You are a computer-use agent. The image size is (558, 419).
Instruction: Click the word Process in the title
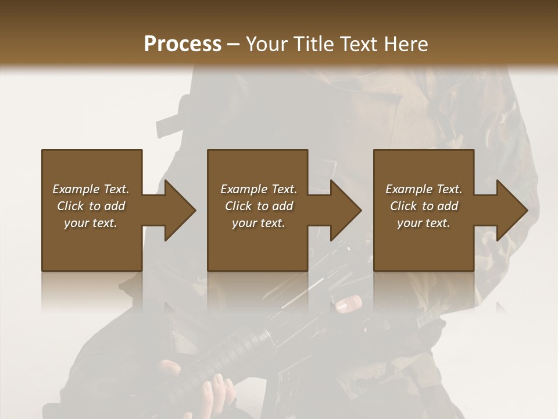pos(183,44)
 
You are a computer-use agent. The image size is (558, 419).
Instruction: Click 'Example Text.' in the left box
pos(91,189)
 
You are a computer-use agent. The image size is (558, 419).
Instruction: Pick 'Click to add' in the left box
pos(91,206)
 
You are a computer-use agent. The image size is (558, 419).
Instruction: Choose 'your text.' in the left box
pos(91,223)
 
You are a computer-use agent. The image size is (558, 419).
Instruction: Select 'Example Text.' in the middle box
pos(258,189)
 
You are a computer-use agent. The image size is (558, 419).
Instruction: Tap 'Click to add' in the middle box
pos(258,206)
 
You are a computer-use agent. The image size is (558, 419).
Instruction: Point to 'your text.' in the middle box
pos(258,223)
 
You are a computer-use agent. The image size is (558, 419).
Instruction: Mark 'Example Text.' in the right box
pos(424,189)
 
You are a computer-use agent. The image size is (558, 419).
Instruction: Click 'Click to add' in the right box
pos(424,206)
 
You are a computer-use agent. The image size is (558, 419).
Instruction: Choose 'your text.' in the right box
pos(424,223)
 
